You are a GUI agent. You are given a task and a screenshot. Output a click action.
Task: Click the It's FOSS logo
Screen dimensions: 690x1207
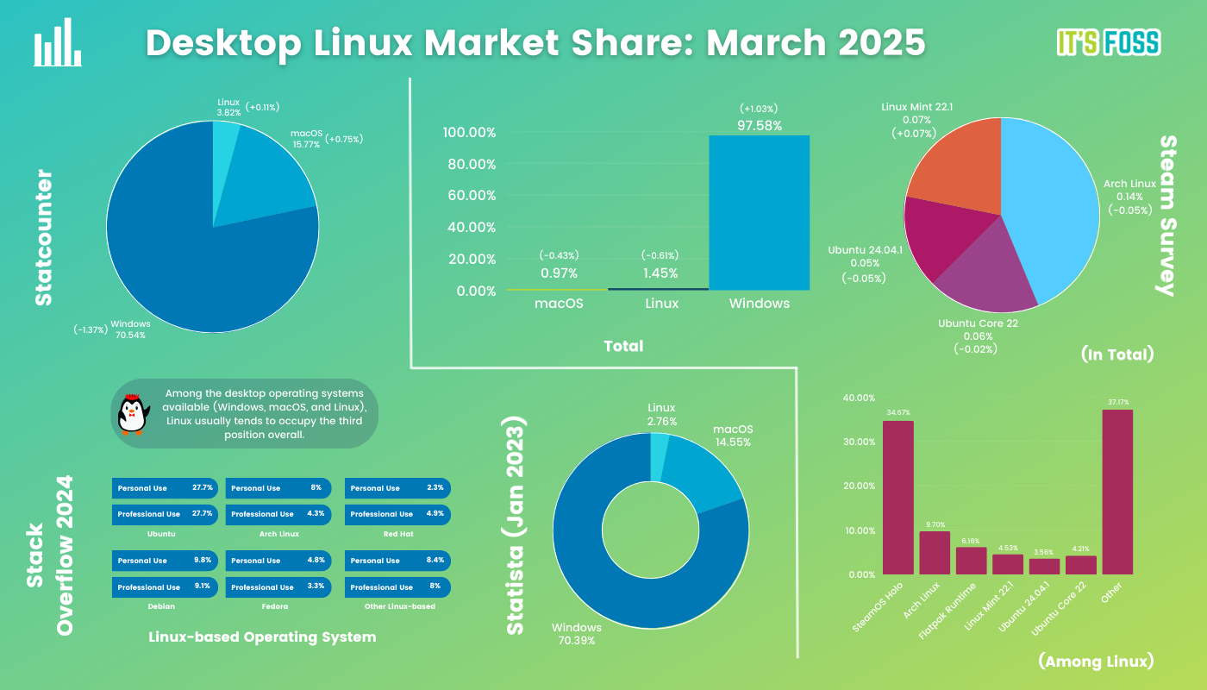[x=1108, y=42]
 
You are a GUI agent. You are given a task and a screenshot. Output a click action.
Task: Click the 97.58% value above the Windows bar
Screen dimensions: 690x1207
[x=760, y=126]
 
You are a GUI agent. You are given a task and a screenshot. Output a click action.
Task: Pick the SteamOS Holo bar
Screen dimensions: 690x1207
[x=897, y=498]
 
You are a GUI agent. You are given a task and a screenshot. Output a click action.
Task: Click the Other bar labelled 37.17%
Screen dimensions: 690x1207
[x=1117, y=492]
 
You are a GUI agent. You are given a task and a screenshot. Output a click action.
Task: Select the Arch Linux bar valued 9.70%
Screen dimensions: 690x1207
[x=934, y=553]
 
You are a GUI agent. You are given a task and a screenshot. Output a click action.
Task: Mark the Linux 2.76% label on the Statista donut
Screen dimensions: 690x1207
[x=662, y=414]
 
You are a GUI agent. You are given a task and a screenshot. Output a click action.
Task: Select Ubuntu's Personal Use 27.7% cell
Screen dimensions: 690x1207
[x=163, y=488]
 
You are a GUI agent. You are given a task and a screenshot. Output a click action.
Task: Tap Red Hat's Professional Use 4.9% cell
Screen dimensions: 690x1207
[x=397, y=514]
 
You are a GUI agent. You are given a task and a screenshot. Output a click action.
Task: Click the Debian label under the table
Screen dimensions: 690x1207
[x=161, y=606]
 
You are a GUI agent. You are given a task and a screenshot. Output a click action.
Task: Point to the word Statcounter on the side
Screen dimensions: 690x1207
[x=43, y=238]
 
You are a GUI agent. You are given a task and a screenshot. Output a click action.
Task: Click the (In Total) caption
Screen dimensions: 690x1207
[x=1116, y=354]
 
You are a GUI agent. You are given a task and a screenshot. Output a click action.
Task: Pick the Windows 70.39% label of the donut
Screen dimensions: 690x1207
[x=577, y=633]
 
